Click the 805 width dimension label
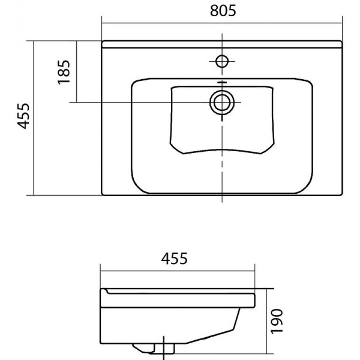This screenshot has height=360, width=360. [x=222, y=11]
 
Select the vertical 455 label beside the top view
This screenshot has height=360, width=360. [x=23, y=116]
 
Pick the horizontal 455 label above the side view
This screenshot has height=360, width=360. [x=174, y=258]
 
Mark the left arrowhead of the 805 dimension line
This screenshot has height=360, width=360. [x=104, y=23]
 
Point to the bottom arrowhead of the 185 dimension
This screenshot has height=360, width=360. [x=77, y=100]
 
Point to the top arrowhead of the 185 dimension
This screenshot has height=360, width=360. [x=77, y=43]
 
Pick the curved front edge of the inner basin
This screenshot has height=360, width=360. [x=221, y=148]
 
